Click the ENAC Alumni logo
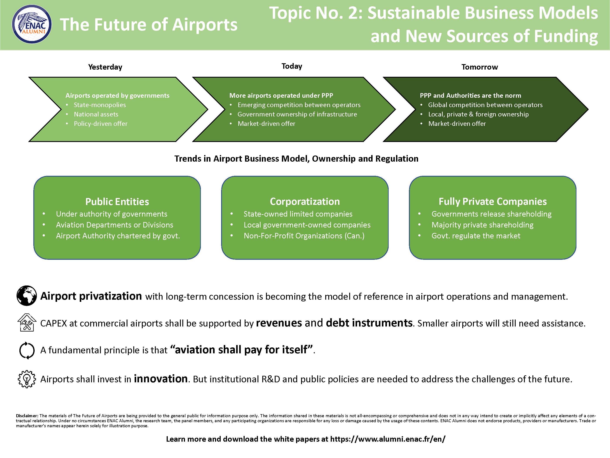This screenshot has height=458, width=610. coord(32,24)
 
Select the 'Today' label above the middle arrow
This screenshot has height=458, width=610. coord(292,66)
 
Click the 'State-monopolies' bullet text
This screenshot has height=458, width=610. coord(100,105)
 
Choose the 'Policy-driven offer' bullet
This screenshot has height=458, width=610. coord(101,124)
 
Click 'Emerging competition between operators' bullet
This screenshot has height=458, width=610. coord(299,105)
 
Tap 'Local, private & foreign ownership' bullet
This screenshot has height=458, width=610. coord(478,114)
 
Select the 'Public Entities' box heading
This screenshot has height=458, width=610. coord(117,202)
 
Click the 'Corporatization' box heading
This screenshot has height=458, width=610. coord(305,202)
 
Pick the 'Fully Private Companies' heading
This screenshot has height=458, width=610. coord(493,202)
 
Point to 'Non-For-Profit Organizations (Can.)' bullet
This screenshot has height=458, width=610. coord(304,236)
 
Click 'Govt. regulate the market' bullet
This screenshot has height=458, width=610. coord(476,236)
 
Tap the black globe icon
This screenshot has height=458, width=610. coord(27,296)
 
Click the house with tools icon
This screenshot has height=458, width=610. coord(27,322)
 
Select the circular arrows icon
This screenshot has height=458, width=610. coord(27,350)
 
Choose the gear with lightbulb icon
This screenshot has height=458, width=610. coord(27,379)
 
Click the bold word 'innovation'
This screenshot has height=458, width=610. coord(161,379)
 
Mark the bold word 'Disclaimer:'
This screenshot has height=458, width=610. coord(27,415)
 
